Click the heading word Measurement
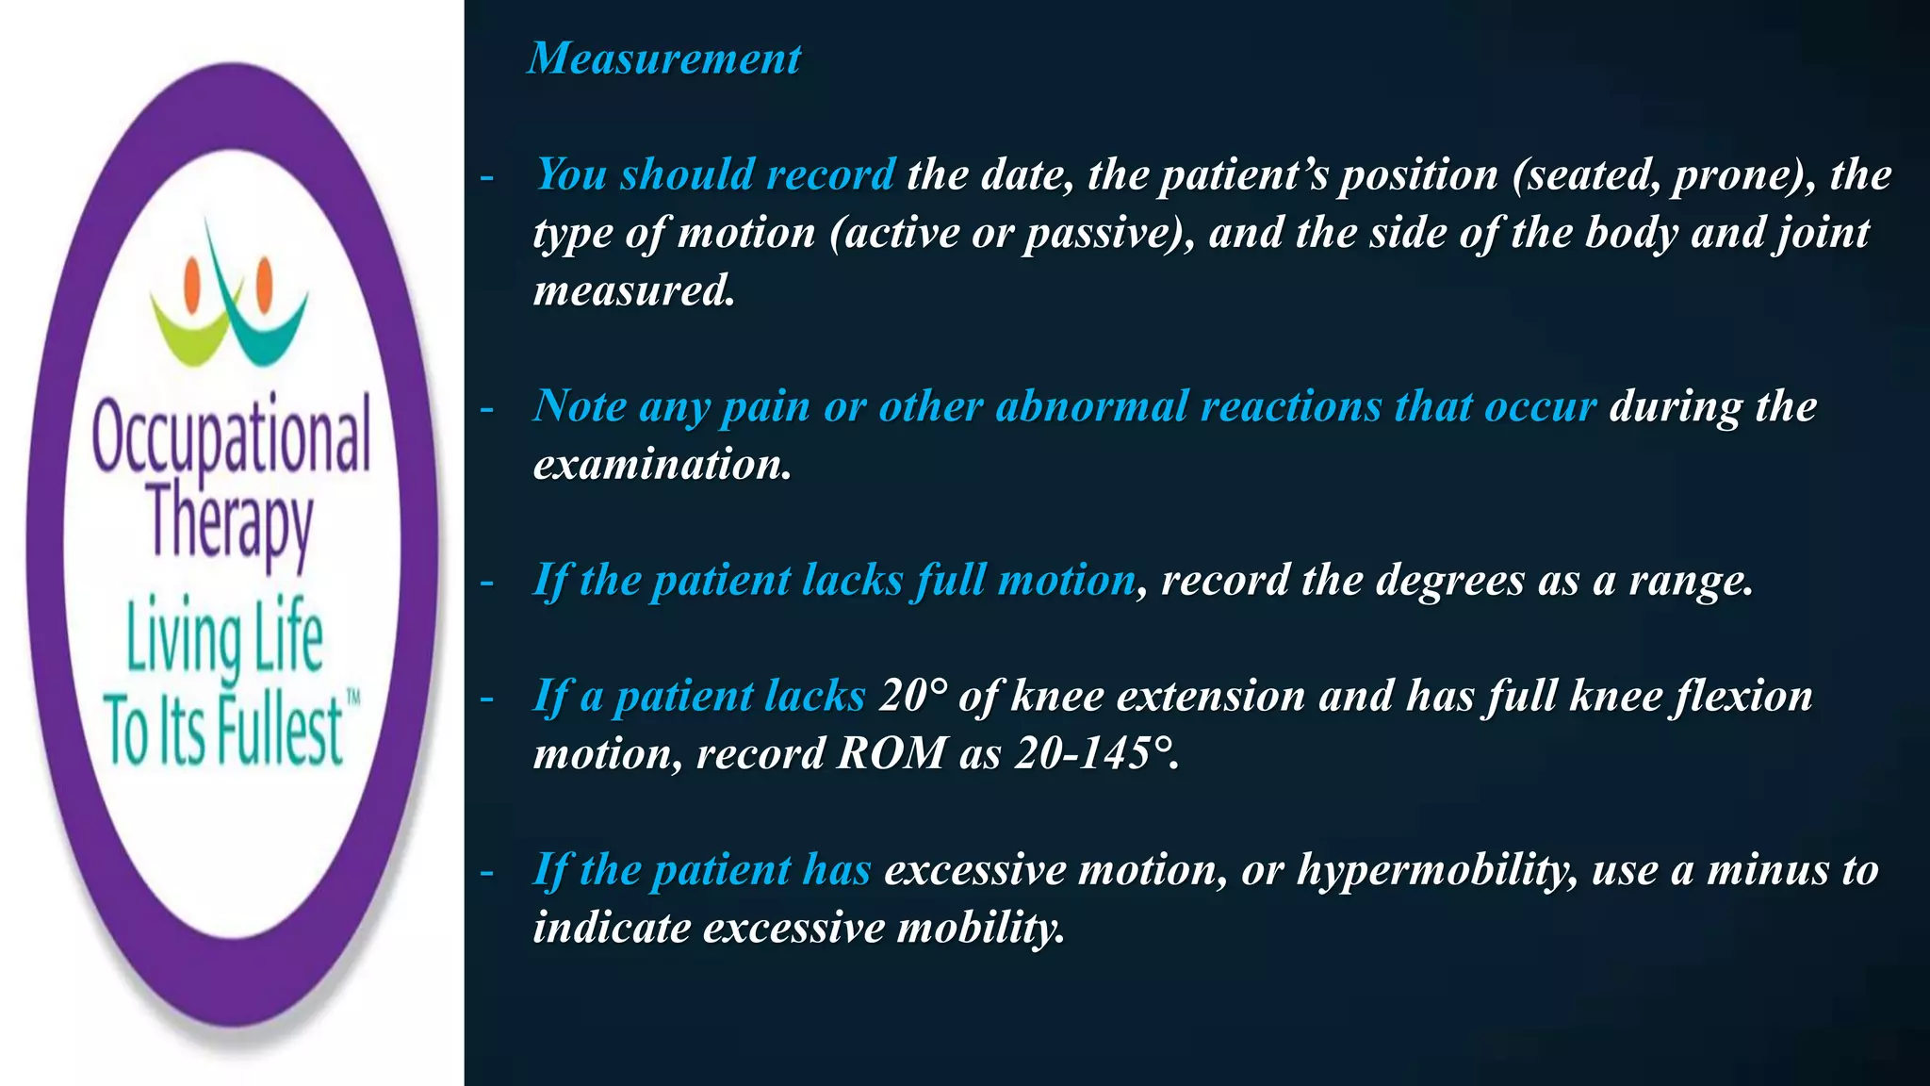(664, 58)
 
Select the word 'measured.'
(633, 290)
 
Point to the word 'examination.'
(662, 464)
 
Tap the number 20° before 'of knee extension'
(913, 696)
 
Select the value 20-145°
(1096, 753)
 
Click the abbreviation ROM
(891, 753)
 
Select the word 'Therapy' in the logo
(231, 523)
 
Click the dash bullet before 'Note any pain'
(486, 408)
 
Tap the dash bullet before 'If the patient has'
(486, 872)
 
